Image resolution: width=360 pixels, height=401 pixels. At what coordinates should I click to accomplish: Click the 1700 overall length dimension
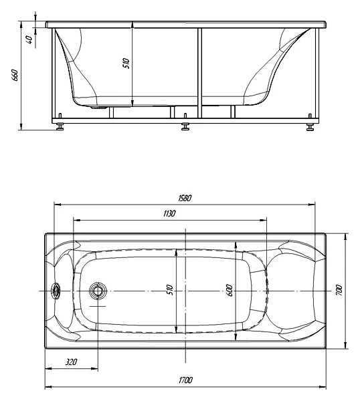click(185, 380)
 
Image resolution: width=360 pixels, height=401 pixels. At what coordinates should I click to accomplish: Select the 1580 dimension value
click(185, 198)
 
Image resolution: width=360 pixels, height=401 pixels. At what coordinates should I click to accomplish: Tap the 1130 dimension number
click(169, 213)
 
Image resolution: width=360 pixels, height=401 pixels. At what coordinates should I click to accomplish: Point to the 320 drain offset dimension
click(71, 362)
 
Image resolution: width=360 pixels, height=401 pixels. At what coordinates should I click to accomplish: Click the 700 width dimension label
click(339, 290)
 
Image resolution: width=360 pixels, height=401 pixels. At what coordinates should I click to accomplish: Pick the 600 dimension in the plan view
click(230, 290)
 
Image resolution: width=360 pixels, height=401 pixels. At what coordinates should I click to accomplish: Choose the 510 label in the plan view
click(170, 290)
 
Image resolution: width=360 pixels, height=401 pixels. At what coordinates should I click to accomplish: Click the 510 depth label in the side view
click(126, 63)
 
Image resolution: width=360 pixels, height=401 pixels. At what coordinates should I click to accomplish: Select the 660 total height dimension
click(15, 75)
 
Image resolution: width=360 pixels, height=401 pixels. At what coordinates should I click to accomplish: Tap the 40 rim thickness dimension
click(29, 39)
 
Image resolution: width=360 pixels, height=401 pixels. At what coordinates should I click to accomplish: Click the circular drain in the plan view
click(98, 291)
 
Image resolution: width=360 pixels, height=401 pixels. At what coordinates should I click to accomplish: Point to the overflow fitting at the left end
click(56, 291)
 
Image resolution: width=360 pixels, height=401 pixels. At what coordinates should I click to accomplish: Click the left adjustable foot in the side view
click(60, 126)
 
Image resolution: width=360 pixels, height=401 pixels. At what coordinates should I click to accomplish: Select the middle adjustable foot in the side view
click(185, 126)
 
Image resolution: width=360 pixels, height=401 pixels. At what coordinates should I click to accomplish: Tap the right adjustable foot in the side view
click(310, 127)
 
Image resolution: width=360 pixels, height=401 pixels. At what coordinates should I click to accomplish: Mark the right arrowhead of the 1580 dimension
click(312, 205)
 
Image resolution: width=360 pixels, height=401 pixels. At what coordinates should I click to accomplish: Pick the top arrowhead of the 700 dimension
click(346, 237)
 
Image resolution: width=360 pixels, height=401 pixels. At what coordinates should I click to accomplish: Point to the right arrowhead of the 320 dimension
click(95, 368)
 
